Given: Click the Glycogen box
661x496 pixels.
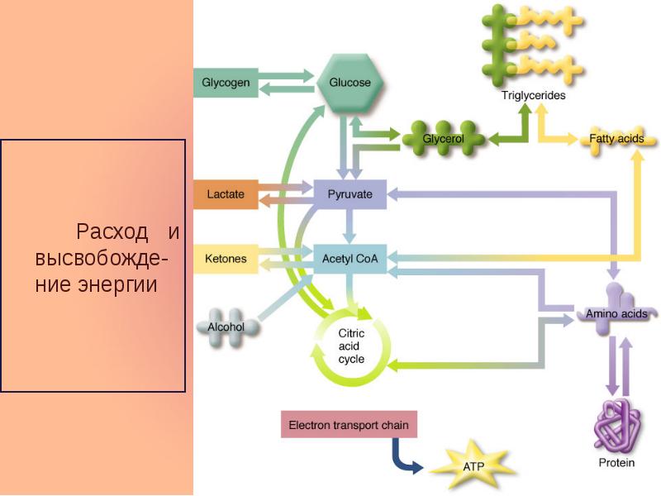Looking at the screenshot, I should click(226, 83).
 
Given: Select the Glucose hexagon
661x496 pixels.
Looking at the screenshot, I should click(350, 83).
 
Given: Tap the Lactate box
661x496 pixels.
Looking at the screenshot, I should click(226, 194).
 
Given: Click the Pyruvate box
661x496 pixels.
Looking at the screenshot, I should click(350, 194).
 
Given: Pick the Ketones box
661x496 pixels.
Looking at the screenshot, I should click(226, 259).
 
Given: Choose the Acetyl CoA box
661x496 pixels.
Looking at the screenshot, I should click(350, 259).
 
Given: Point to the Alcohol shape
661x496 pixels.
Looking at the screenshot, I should click(226, 326).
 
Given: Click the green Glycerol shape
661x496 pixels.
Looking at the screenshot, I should click(443, 138).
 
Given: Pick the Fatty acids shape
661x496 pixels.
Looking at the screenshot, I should click(616, 139).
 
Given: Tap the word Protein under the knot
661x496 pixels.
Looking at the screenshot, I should click(616, 463).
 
